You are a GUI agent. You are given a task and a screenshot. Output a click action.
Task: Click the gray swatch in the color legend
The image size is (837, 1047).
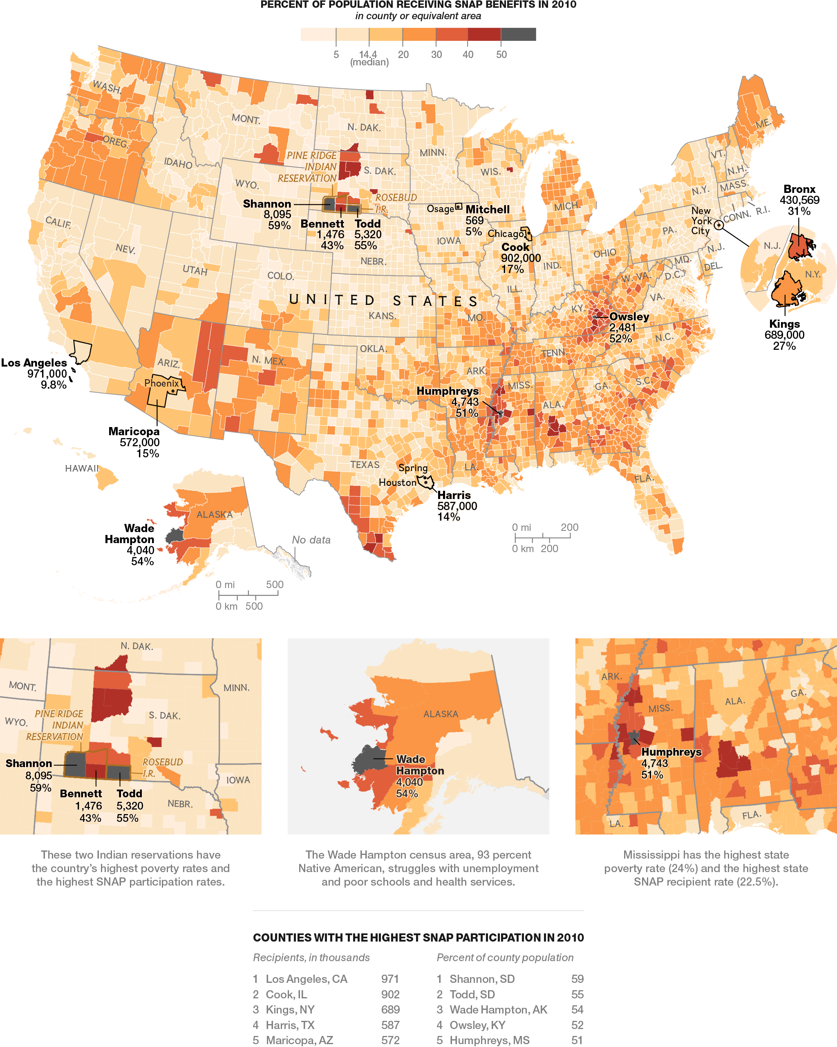(x=518, y=34)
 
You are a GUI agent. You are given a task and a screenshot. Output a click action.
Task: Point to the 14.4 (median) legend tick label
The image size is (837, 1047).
(x=369, y=58)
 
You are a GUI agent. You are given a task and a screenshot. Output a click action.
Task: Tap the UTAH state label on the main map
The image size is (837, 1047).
(x=195, y=270)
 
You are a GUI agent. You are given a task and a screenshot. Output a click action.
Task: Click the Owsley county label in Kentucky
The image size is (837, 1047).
(x=629, y=317)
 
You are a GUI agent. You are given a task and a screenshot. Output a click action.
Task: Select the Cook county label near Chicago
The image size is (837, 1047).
(x=515, y=247)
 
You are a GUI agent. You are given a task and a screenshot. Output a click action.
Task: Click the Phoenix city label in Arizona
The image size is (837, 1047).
(x=161, y=383)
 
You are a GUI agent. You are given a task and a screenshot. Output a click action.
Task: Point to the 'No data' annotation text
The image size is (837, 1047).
(x=311, y=539)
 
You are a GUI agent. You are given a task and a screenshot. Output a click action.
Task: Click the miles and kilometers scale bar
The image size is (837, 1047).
(x=248, y=594)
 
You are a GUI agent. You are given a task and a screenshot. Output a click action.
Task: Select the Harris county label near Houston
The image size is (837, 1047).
(x=454, y=495)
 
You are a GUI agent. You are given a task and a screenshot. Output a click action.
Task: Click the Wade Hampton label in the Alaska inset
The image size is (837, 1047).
(x=420, y=765)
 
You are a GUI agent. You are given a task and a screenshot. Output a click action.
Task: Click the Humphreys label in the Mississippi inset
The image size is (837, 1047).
(x=671, y=752)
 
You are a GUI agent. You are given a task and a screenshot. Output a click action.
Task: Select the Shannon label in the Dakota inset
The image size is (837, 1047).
(x=29, y=763)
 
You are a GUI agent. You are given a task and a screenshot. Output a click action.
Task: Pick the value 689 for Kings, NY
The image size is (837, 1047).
(x=390, y=1009)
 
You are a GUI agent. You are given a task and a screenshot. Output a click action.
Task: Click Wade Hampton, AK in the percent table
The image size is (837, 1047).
(x=499, y=1009)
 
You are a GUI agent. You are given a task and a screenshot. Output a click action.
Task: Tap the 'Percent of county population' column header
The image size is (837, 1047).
(x=505, y=957)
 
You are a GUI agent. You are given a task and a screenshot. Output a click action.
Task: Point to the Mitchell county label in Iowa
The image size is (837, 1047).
(x=487, y=209)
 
